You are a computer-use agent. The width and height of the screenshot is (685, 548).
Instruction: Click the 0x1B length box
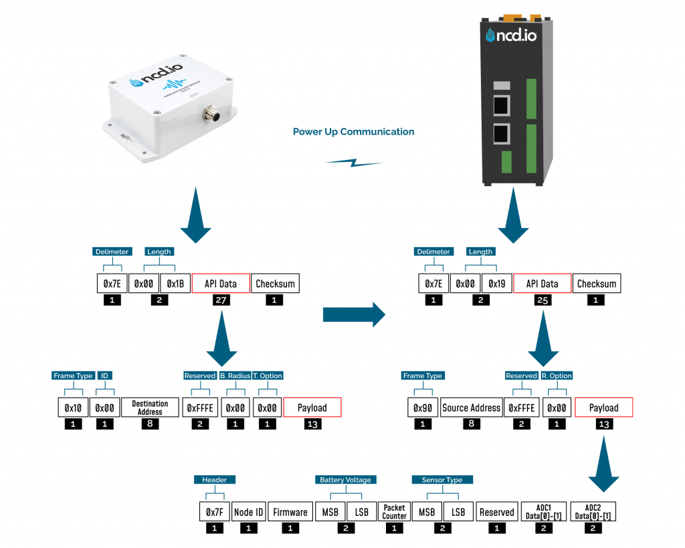point(175,284)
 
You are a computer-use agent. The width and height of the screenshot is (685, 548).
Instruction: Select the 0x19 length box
point(496,284)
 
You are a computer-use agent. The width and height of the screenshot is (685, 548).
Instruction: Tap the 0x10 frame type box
point(72,407)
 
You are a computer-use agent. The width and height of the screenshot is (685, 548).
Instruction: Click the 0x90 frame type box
point(421,407)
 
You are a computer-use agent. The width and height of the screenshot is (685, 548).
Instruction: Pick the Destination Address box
point(150,407)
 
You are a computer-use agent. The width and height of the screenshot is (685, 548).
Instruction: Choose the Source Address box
point(471,407)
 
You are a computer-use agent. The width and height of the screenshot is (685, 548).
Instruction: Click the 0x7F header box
point(214,512)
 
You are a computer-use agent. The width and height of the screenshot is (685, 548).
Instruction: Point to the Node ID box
point(248,512)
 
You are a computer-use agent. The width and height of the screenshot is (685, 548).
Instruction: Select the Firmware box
point(290,512)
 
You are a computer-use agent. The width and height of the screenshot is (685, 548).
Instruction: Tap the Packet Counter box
point(394,512)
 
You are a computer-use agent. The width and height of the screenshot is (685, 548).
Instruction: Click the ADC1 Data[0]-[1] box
point(543,512)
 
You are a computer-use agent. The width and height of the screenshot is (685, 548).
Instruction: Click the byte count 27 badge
point(221,300)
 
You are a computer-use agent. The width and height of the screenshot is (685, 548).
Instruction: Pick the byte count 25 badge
point(543,300)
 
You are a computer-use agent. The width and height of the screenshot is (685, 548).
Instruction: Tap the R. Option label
point(557,376)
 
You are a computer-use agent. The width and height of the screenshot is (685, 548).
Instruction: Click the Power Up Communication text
point(353,132)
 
